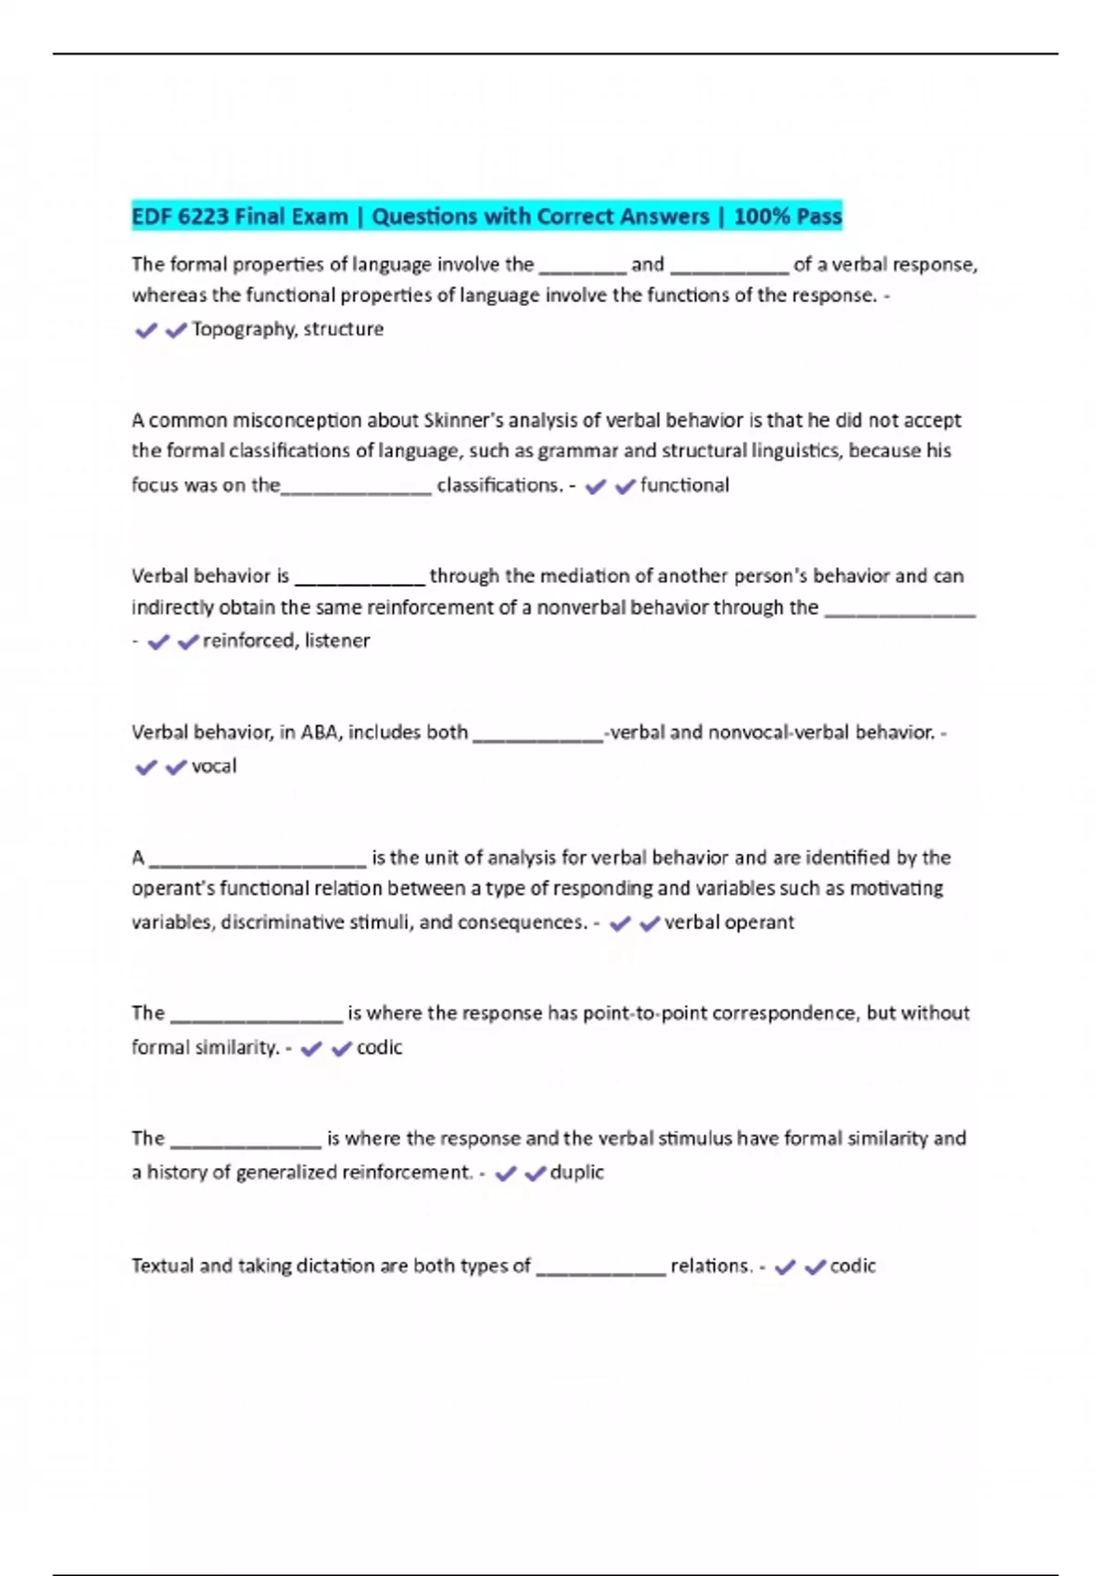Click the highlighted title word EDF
[x=151, y=217]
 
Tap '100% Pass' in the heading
[x=788, y=217]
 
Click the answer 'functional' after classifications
[x=684, y=485]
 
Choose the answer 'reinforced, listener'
[x=285, y=641]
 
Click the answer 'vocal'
[x=213, y=767]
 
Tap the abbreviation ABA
[x=322, y=732]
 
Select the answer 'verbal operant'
[x=729, y=922]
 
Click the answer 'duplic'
[x=576, y=1173]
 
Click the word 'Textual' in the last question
[x=162, y=1266]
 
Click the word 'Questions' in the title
[x=424, y=217]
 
